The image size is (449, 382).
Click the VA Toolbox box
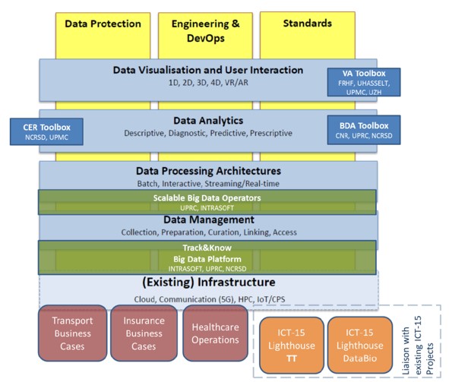[364, 82]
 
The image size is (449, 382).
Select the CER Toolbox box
[46, 131]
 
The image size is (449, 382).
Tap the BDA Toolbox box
[364, 130]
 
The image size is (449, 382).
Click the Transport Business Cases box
[72, 333]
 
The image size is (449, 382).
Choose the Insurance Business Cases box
[144, 333]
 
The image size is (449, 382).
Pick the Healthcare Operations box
[215, 333]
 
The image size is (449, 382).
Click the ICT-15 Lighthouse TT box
[292, 345]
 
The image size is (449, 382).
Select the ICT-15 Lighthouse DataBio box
[359, 345]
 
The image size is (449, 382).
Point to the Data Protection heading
[103, 24]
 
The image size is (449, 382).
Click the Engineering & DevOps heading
[206, 31]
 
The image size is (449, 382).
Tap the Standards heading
[308, 24]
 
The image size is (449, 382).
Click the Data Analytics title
[208, 121]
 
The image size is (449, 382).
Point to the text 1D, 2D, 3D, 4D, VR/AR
[208, 83]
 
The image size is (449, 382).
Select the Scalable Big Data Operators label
[207, 198]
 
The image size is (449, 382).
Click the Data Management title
[208, 219]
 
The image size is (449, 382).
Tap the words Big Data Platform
[207, 259]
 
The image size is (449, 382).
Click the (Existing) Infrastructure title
[209, 283]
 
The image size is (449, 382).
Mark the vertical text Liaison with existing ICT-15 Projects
[418, 345]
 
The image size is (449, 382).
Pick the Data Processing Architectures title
[208, 171]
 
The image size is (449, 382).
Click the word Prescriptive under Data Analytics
[271, 134]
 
